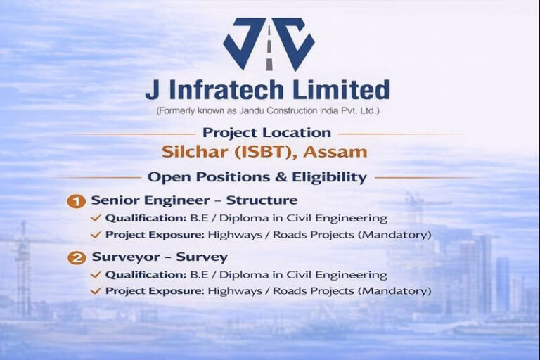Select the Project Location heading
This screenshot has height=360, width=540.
266,132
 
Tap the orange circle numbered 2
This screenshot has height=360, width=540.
76,258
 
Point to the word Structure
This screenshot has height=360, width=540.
262,201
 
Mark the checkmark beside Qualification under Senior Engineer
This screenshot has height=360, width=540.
96,219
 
